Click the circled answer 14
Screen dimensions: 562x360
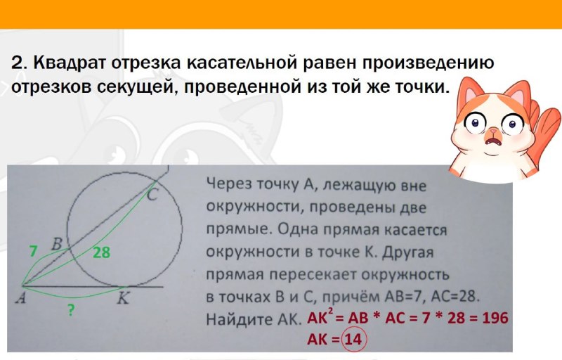tap(354, 339)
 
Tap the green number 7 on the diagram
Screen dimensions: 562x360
tap(33, 251)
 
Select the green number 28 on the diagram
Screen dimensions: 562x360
tap(101, 252)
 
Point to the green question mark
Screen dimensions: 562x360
tap(72, 309)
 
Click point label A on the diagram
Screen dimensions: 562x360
tap(21, 297)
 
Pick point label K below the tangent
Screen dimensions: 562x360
tap(123, 297)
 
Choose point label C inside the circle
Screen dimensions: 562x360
tap(152, 195)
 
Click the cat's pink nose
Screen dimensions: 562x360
tap(494, 131)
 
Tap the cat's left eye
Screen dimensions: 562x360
tap(476, 123)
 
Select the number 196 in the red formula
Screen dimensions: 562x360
tap(495, 318)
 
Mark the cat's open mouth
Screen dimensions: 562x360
tap(493, 141)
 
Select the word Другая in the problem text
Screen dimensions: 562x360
tap(408, 253)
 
